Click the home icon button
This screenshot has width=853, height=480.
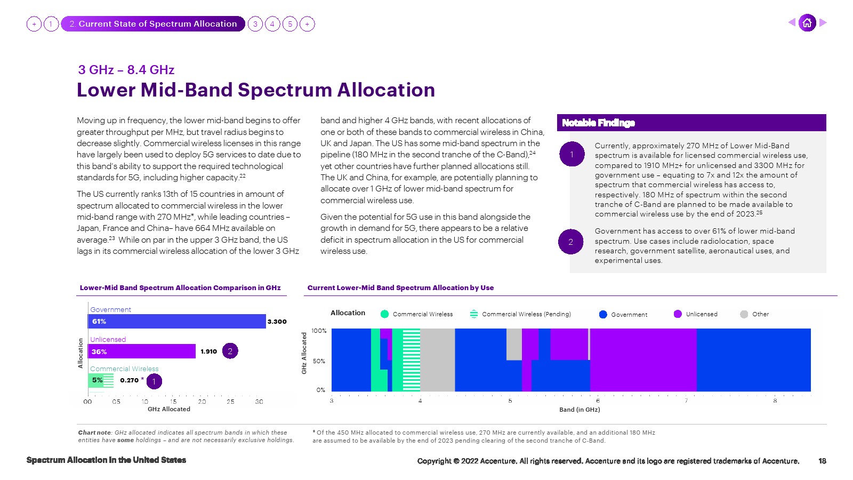point(807,22)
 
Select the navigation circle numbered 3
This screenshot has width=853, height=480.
point(255,24)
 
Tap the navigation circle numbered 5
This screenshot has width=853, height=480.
point(290,24)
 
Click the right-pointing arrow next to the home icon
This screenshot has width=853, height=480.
point(823,22)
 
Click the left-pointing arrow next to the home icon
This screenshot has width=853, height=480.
point(792,22)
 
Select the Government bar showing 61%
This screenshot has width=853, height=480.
point(176,321)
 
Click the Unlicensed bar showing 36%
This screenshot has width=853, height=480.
point(142,351)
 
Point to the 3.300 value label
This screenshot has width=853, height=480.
point(277,322)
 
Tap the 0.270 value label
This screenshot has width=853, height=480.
point(129,380)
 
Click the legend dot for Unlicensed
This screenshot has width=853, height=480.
point(678,314)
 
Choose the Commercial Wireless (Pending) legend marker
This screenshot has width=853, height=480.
point(474,314)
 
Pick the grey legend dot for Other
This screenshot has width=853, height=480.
point(744,314)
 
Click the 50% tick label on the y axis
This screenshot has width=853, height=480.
point(319,361)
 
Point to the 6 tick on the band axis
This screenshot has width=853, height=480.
point(598,401)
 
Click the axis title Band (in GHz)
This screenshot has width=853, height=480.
point(580,410)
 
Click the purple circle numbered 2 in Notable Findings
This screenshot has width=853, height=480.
point(571,242)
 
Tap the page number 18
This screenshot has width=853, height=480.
point(822,461)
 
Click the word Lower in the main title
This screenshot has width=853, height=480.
point(106,90)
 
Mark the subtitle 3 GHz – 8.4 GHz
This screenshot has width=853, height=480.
point(126,70)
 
